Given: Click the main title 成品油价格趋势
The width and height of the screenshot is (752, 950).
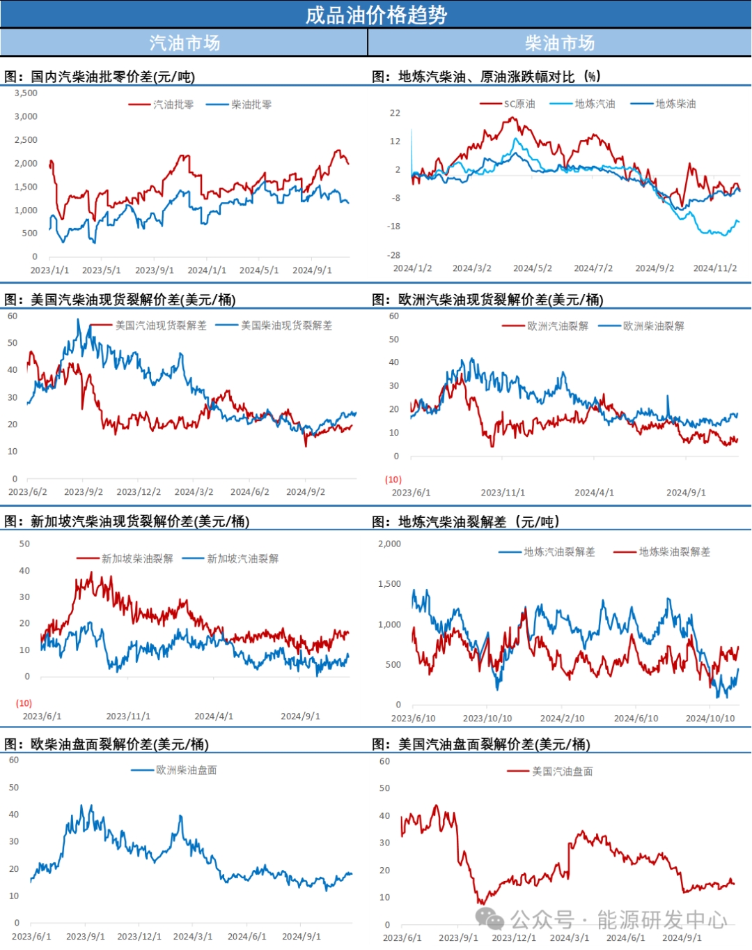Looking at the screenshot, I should (376, 15).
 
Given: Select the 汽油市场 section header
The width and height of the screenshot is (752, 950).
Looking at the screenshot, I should (185, 43).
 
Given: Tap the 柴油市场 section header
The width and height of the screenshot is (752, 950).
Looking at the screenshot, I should (560, 43).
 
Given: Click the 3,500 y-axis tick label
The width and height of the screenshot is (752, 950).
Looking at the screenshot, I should (26, 93).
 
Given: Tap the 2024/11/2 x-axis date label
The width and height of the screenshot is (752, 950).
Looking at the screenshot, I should (714, 268).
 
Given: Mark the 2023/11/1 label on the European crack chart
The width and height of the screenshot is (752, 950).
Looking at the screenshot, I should (503, 493).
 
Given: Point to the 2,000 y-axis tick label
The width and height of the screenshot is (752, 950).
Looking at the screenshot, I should (389, 544).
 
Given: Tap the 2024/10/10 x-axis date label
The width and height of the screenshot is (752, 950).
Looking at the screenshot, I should (710, 719).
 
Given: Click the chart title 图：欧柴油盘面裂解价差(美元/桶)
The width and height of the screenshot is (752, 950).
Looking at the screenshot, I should (107, 744).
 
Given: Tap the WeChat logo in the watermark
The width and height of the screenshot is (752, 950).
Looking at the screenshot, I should (490, 919).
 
